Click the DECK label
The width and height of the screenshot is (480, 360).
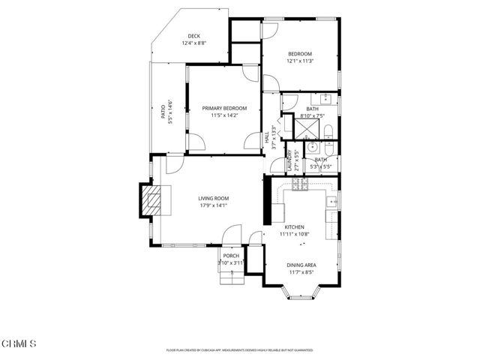193,37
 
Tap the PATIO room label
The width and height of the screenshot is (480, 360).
163,111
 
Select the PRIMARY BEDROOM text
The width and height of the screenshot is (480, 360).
224,109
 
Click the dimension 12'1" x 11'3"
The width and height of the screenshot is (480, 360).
299,61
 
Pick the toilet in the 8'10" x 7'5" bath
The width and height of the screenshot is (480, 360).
329,133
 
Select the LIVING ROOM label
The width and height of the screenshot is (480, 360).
214,199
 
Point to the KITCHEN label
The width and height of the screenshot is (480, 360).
293,226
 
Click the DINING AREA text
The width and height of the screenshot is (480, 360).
300,265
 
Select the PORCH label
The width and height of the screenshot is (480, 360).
231,256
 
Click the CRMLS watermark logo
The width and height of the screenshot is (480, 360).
18,343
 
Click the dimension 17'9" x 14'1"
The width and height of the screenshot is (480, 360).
214,205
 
